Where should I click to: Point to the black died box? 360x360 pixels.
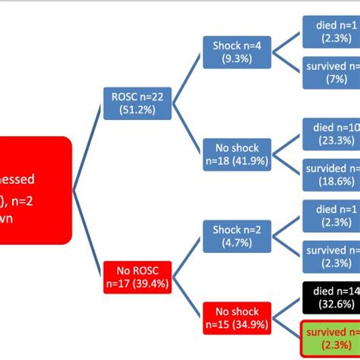331,296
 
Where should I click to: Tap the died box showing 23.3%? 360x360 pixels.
331,133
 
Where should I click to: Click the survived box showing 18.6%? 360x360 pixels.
331,174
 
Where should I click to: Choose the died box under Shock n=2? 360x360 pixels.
331,215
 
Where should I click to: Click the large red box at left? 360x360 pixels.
34,189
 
